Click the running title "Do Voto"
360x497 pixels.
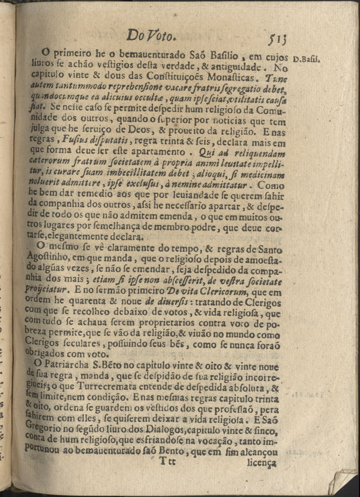(x=151, y=36)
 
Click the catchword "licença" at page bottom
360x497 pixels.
(x=261, y=463)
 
